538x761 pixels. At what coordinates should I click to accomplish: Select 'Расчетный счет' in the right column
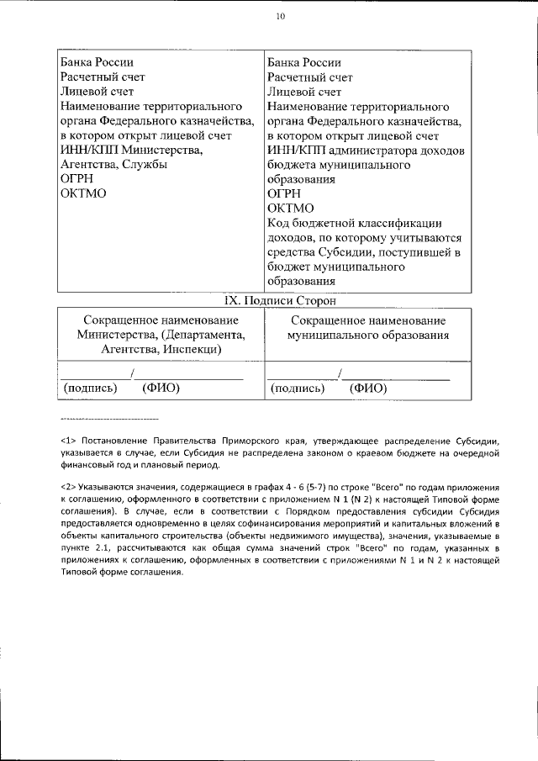309,77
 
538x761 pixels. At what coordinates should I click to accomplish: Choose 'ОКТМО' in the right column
290,209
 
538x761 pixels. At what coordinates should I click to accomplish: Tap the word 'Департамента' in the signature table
204,336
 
